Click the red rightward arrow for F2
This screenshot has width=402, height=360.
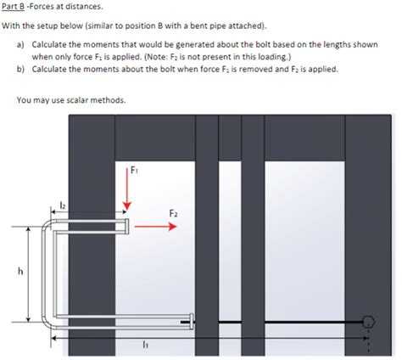click(x=153, y=227)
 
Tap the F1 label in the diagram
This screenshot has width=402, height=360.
click(x=134, y=168)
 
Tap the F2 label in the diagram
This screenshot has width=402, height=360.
click(x=173, y=212)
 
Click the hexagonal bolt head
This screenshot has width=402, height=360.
click(x=368, y=321)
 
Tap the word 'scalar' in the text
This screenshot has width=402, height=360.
click(x=87, y=100)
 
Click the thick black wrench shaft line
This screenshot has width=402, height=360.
click(x=280, y=321)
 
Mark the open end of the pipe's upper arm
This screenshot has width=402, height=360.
click(x=126, y=226)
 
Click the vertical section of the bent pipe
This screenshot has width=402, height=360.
click(x=45, y=272)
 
